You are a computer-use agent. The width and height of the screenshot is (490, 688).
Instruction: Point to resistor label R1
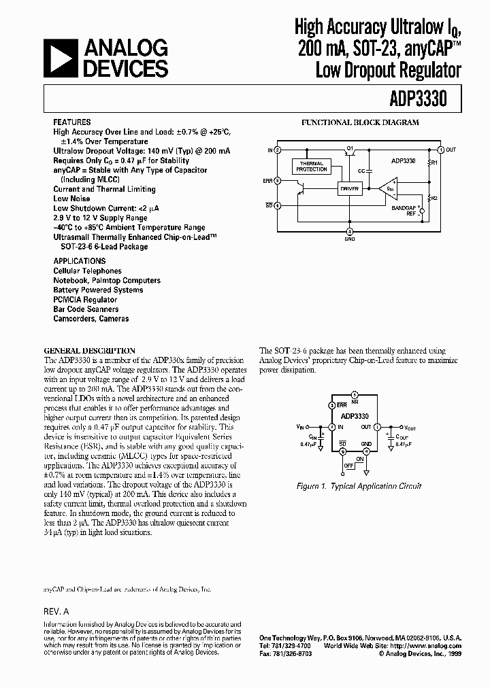pos(436,164)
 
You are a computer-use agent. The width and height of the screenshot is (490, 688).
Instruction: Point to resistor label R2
pos(435,197)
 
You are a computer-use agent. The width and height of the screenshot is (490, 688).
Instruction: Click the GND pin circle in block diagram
pos(350,230)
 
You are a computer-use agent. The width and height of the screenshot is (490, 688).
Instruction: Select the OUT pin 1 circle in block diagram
pos(440,150)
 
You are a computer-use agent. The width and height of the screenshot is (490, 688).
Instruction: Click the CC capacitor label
pos(361,171)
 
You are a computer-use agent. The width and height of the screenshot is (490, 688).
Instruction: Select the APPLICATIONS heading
pos(79,261)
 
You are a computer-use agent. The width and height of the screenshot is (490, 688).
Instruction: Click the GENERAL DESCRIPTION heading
pos(89,351)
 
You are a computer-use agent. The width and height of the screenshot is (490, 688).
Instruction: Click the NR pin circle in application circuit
pos(354,394)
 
